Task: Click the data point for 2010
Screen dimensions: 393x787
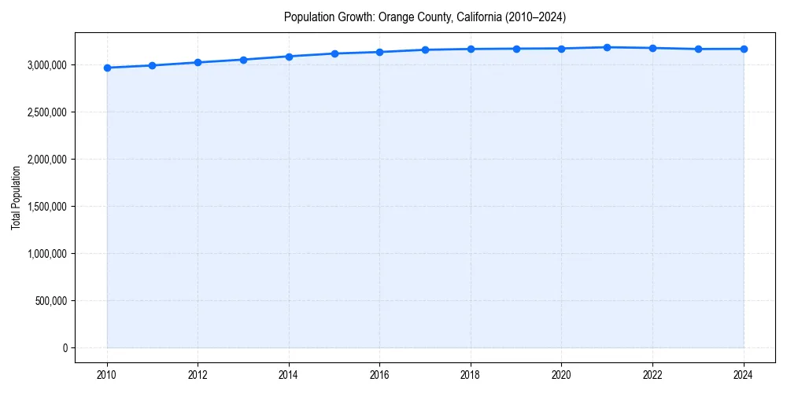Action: click(x=107, y=68)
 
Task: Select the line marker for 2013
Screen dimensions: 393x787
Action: click(x=243, y=60)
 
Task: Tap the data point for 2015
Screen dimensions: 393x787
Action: click(x=334, y=53)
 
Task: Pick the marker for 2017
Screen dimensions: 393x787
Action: click(x=425, y=50)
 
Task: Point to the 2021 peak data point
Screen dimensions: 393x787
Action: click(x=607, y=47)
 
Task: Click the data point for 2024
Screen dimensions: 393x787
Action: click(x=744, y=49)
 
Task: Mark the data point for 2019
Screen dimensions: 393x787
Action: click(x=516, y=49)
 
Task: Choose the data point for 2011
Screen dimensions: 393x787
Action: click(x=153, y=65)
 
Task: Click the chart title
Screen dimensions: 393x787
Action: click(x=425, y=17)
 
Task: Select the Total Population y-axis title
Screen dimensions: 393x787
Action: click(x=16, y=198)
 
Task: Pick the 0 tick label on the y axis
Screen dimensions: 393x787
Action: click(x=65, y=348)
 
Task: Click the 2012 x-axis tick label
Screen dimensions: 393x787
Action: click(x=198, y=374)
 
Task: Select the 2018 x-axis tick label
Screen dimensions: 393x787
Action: click(x=471, y=374)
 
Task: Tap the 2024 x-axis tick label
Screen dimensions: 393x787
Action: click(x=744, y=374)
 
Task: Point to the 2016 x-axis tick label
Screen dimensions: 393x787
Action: click(x=379, y=374)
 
